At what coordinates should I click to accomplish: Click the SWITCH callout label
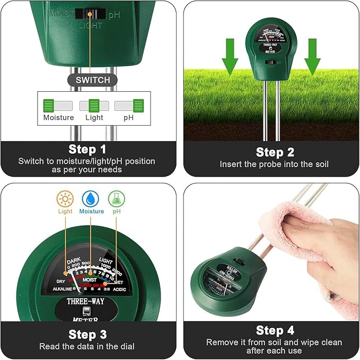point(93,80)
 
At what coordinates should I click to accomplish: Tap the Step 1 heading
point(88,150)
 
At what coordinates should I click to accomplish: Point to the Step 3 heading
point(88,335)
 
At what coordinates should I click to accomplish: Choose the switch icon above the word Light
point(94,105)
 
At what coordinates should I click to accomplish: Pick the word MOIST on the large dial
point(89,278)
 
